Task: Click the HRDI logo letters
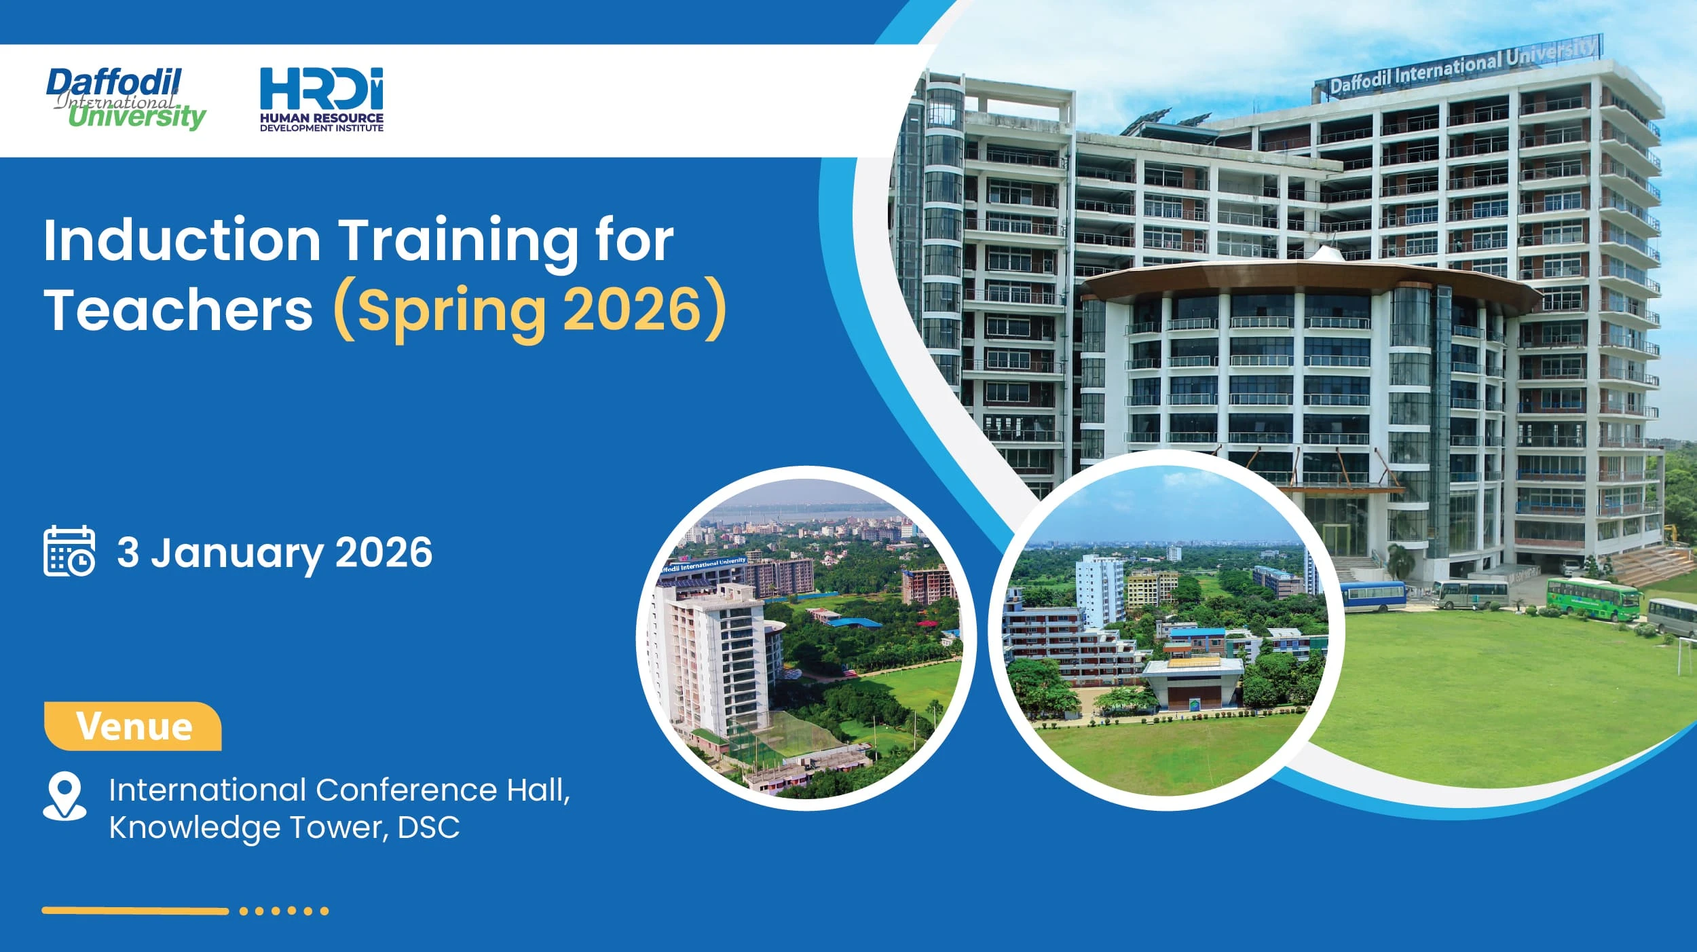pos(321,88)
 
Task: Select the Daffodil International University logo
pos(126,99)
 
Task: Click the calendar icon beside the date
pos(69,551)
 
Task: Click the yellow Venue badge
pos(133,727)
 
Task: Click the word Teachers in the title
pos(179,310)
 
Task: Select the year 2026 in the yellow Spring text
pos(632,310)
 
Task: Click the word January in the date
pos(237,553)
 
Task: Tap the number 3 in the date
pos(128,552)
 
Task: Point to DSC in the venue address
pos(428,828)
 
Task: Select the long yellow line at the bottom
pos(135,911)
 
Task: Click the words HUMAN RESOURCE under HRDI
pos(321,117)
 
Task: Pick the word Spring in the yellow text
pos(451,311)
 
